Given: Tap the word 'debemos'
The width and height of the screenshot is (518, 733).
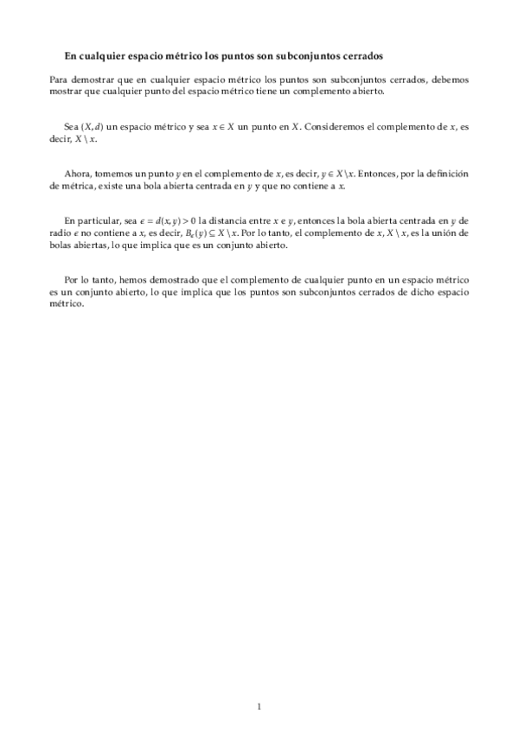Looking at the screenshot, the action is click(450, 79).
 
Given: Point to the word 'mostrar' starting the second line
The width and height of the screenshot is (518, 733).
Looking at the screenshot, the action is click(67, 90).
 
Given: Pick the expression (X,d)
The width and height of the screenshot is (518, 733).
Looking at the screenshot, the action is click(91, 126).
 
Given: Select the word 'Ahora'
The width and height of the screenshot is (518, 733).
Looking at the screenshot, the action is click(79, 174).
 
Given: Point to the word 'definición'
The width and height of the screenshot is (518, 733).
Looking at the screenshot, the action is click(445, 174).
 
